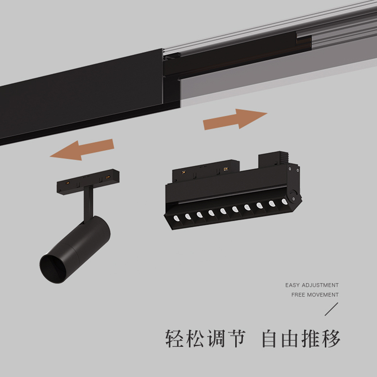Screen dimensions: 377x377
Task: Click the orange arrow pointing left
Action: (x=82, y=150)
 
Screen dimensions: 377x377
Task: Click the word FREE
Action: (x=299, y=295)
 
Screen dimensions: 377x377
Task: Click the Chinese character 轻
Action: (x=175, y=338)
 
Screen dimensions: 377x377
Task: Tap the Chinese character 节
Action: (x=235, y=338)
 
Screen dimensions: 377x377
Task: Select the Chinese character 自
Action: (x=270, y=338)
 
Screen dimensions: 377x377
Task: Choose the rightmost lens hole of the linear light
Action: (x=284, y=202)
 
